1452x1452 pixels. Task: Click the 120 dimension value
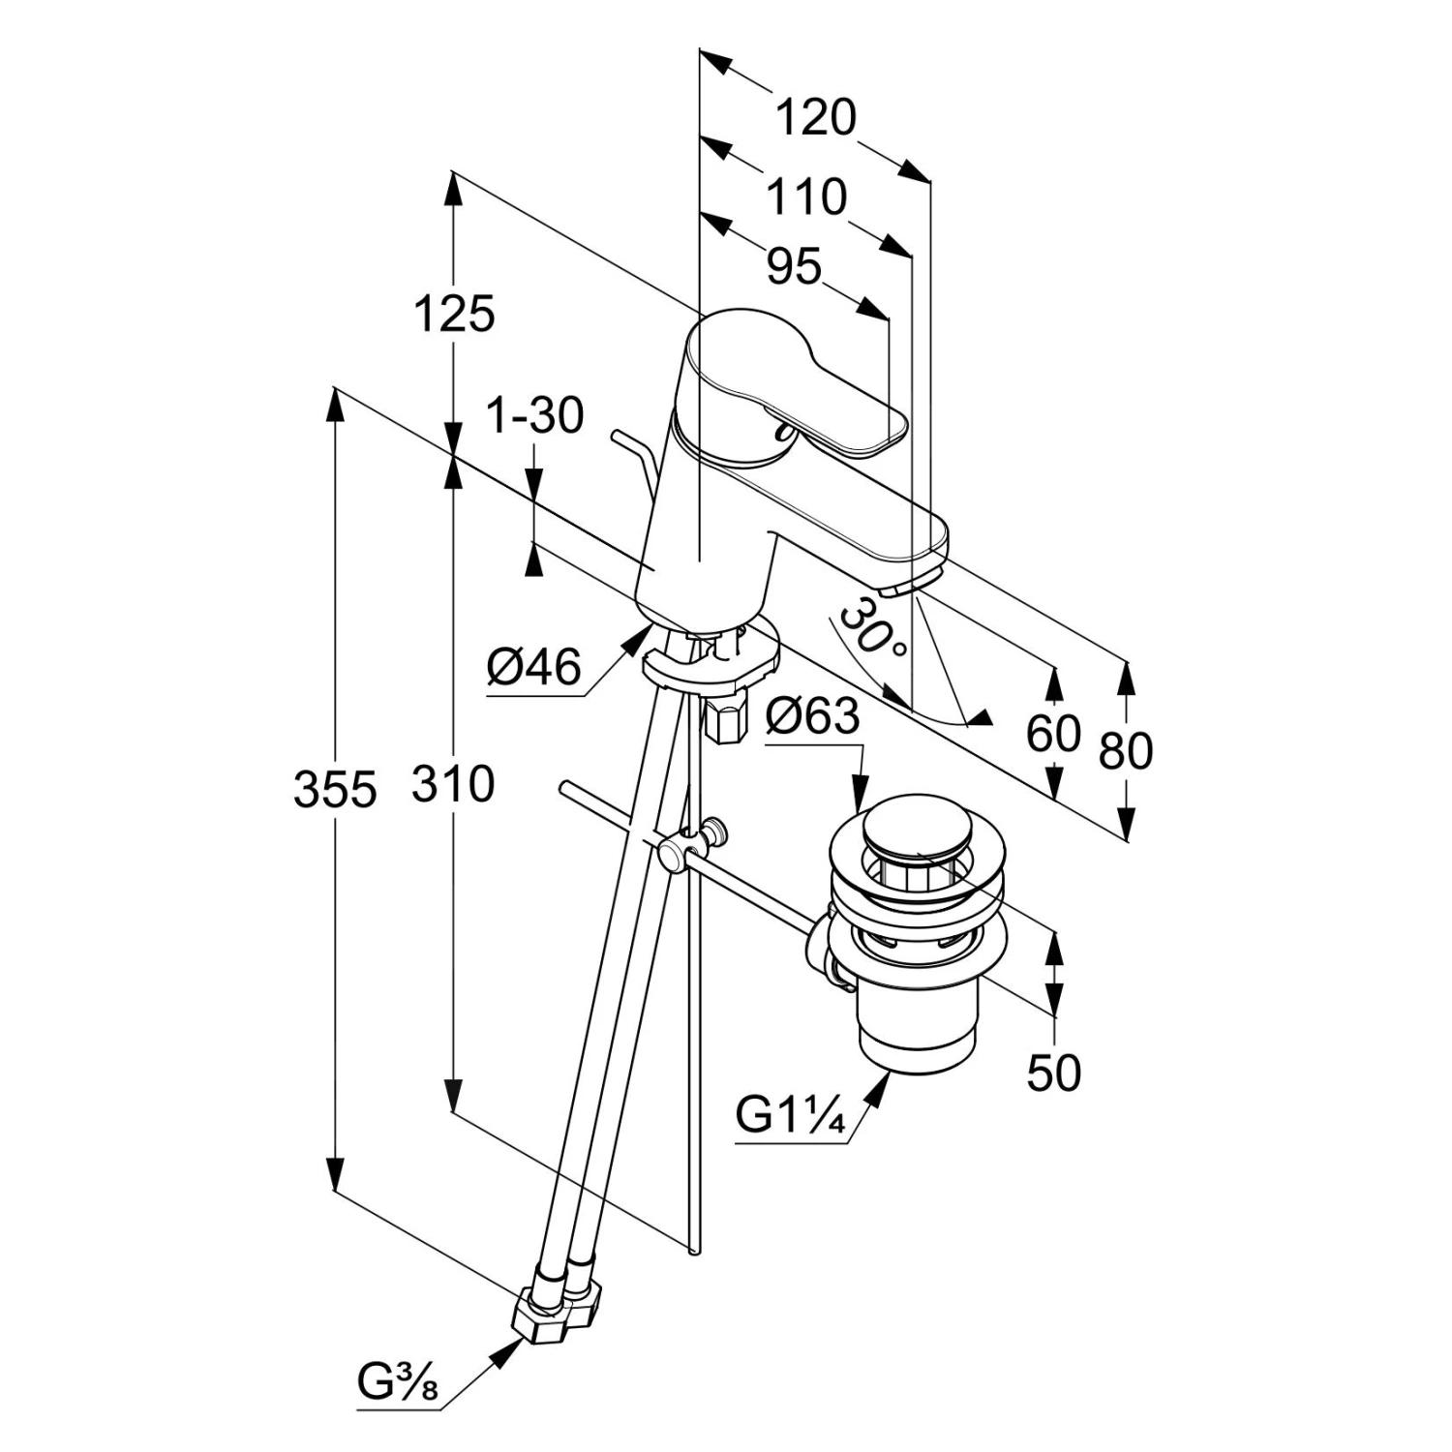pyautogui.click(x=816, y=119)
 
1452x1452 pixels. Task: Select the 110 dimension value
pyautogui.click(x=806, y=197)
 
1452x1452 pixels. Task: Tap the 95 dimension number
pyautogui.click(x=794, y=266)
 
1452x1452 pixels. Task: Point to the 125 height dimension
pyautogui.click(x=454, y=314)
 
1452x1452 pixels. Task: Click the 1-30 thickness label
pyautogui.click(x=534, y=416)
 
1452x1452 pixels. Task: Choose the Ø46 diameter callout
pyautogui.click(x=533, y=667)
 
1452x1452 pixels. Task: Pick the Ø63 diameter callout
pyautogui.click(x=811, y=717)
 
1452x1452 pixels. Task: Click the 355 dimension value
pyautogui.click(x=335, y=790)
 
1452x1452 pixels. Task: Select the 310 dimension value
pyautogui.click(x=453, y=783)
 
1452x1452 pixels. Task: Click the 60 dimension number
pyautogui.click(x=1053, y=734)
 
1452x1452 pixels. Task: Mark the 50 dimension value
pyautogui.click(x=1053, y=1074)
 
